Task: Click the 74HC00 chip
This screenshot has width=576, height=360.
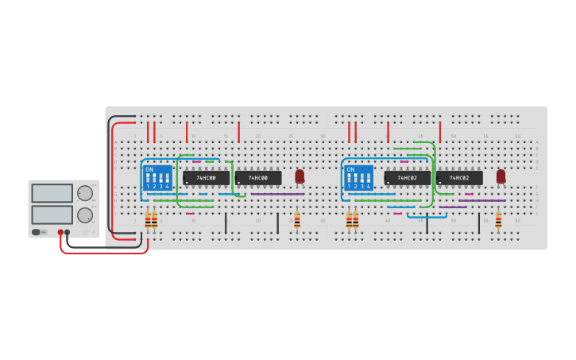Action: pos(257,178)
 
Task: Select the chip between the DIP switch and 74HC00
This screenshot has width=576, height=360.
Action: pos(206,178)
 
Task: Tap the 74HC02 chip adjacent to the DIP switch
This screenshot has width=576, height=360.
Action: pos(407,178)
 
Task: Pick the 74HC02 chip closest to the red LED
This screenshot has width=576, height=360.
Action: pos(458,178)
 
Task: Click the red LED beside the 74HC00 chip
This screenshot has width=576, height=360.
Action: pos(300,176)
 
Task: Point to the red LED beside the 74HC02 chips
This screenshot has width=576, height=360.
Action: pos(501,176)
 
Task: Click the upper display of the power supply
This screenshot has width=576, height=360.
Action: pos(52,192)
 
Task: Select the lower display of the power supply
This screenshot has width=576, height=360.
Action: pos(52,215)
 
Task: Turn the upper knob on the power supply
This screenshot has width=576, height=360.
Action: pos(84,192)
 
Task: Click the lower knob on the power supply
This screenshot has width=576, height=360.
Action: pos(84,215)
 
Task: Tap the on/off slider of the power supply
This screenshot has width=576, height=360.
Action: pos(37,232)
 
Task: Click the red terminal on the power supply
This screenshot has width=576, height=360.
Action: pos(60,232)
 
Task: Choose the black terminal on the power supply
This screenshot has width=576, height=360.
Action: pos(67,232)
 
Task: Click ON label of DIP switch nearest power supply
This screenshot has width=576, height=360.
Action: pos(149,169)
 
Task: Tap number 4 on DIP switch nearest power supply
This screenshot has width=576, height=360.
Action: pos(167,186)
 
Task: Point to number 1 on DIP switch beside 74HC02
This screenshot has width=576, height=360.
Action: pos(349,186)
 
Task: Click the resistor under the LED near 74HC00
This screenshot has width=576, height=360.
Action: pos(297,219)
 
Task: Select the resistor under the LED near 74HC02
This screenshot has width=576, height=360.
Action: pos(498,219)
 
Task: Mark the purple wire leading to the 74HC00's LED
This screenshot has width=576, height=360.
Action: pos(278,194)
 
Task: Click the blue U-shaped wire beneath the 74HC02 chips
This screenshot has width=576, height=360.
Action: pos(427,216)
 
